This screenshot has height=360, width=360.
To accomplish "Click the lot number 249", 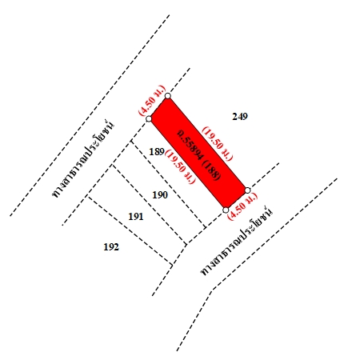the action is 240,117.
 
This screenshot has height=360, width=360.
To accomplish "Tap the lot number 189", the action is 157,152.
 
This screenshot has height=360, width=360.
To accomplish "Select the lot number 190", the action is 160,195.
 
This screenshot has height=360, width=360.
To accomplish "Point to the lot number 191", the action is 136,217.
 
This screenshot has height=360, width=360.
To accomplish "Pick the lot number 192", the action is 111,247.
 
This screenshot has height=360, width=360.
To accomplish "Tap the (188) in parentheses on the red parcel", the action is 212,170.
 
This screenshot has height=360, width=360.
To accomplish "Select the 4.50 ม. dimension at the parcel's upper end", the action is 152,100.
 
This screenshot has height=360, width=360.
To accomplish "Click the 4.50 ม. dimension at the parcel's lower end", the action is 243,206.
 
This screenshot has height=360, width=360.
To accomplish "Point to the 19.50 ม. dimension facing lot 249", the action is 218,144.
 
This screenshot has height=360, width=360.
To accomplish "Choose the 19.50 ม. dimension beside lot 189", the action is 181,166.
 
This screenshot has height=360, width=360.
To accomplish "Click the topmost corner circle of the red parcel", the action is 167,96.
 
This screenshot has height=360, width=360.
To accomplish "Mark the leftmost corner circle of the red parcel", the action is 149,119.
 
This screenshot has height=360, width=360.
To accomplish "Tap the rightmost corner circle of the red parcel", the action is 247,190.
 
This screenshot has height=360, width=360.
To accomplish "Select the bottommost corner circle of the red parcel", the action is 226,210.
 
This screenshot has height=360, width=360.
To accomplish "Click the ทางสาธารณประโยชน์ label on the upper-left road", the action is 82,159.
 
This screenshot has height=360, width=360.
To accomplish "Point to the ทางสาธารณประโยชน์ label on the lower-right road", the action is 237,241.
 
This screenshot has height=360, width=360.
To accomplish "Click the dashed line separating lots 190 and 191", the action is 150,205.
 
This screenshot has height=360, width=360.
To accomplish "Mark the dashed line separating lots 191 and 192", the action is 130,231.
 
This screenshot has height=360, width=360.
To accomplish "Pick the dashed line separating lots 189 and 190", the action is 169,184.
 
